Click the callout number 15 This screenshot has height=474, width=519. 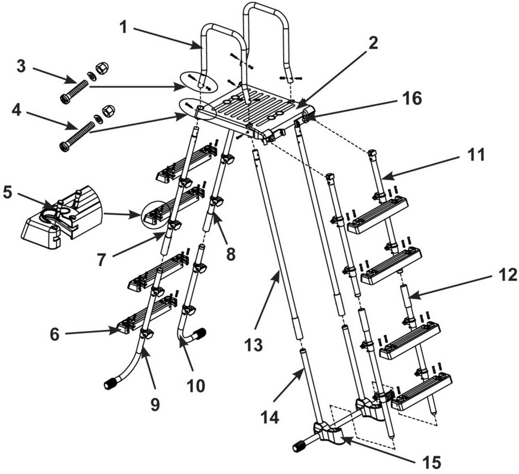click(430, 462)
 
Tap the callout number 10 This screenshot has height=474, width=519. click(196, 385)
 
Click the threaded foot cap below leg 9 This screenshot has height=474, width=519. click(113, 383)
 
